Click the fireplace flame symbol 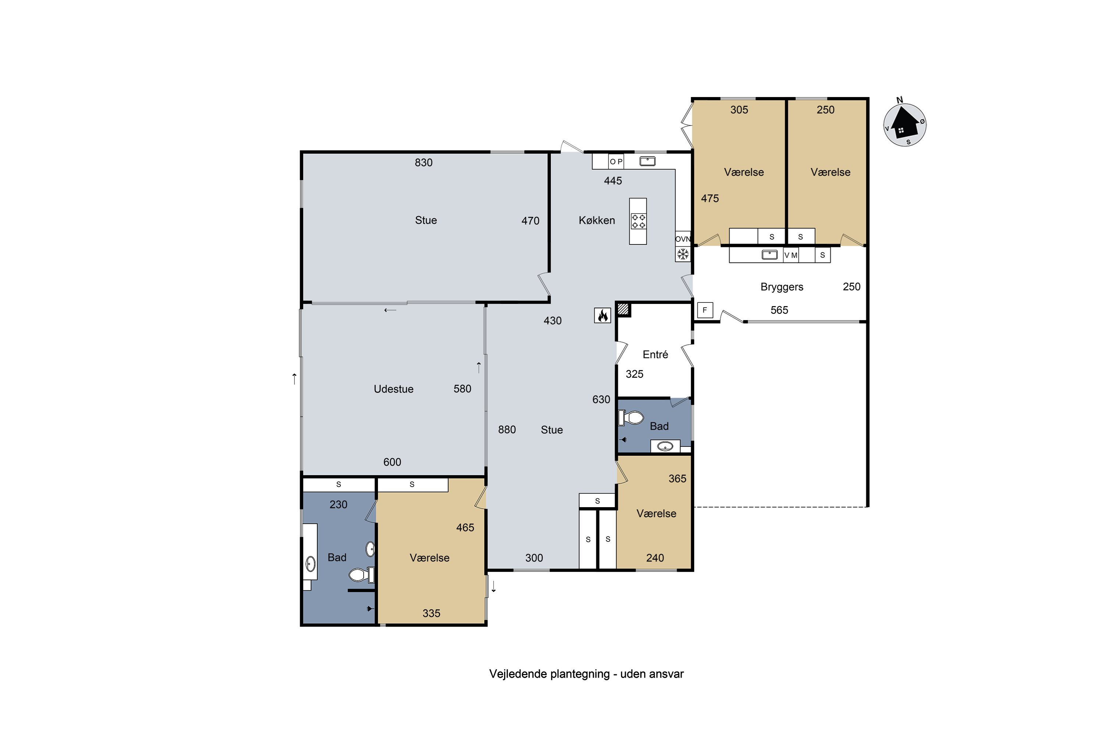point(603,315)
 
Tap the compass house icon point(904,124)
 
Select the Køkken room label point(596,220)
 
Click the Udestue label point(393,389)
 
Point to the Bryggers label point(782,287)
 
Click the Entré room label point(655,354)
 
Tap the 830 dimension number point(424,163)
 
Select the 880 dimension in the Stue point(507,430)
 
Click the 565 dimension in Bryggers point(779,310)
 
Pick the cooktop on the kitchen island point(638,221)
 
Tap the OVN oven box point(683,239)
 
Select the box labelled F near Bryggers point(705,310)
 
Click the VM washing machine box point(791,255)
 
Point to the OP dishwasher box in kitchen point(616,161)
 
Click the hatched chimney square point(623,309)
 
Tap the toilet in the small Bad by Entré point(631,417)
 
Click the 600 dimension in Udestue point(392,462)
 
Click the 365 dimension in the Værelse point(677,478)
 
